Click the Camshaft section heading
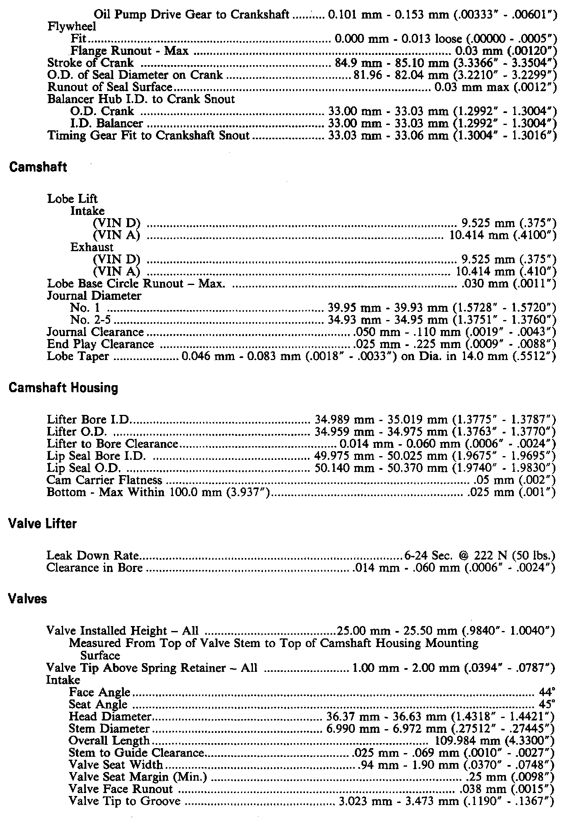38,167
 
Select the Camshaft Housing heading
63,388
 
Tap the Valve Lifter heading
43,524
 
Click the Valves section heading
28,599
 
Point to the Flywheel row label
72,27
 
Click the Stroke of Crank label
90,63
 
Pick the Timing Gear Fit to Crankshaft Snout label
149,135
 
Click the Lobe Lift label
72,199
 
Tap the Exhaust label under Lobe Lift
92,247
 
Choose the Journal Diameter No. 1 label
85,308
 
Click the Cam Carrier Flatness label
104,480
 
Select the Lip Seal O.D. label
84,468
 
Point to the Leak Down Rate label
92,556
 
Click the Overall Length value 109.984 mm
495,741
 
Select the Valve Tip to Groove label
125,801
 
